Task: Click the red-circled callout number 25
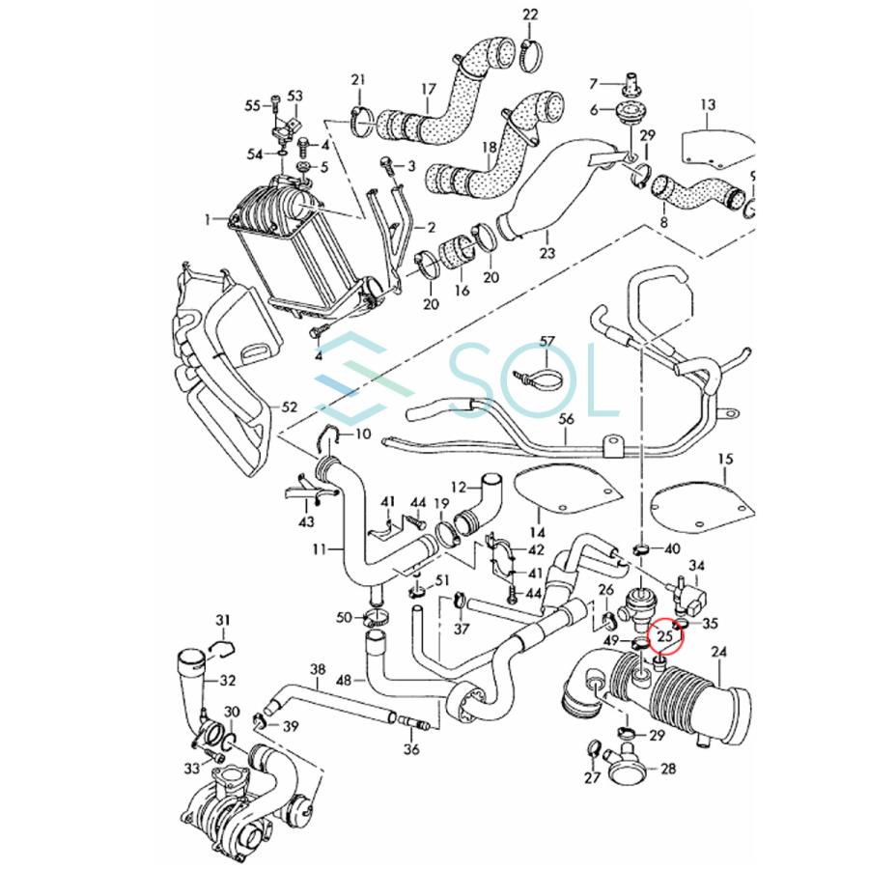tap(664, 637)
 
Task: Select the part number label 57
tap(547, 342)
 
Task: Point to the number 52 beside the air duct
tap(289, 408)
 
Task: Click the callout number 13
tap(708, 103)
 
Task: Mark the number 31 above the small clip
tap(223, 620)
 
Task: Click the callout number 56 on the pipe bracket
tap(566, 418)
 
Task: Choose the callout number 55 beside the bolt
tap(253, 105)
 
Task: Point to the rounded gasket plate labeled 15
tap(701, 502)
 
